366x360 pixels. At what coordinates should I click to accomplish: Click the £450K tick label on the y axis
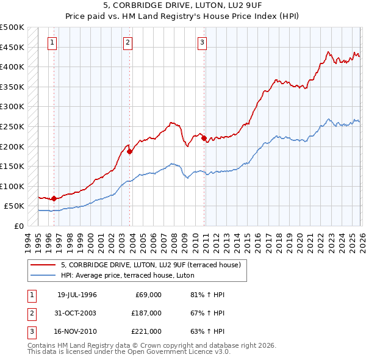[x=12, y=47]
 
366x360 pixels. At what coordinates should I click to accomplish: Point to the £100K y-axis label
[x=12, y=186]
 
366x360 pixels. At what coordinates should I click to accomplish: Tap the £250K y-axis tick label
[x=12, y=126]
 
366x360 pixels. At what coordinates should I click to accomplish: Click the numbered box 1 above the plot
[x=52, y=43]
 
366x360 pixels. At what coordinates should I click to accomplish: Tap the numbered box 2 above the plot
[x=127, y=43]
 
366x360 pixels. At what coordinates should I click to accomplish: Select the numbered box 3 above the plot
[x=202, y=43]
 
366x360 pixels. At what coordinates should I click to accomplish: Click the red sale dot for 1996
[x=54, y=198]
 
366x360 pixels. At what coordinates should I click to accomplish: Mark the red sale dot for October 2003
[x=129, y=151]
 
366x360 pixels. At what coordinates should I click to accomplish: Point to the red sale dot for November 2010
[x=204, y=138]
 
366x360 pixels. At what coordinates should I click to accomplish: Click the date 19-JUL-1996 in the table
[x=77, y=295]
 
